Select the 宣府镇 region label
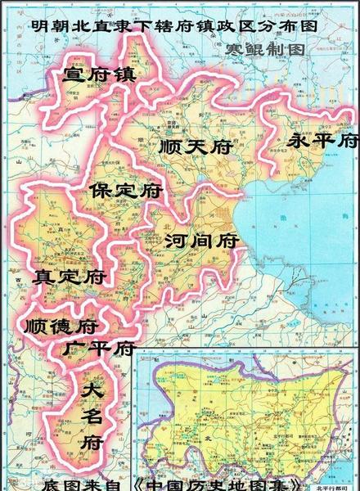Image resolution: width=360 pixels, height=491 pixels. [x=99, y=75]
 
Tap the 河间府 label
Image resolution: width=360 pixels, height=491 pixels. [x=200, y=241]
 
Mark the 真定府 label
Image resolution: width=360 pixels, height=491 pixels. [x=70, y=277]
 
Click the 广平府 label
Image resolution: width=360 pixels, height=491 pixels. [x=99, y=349]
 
